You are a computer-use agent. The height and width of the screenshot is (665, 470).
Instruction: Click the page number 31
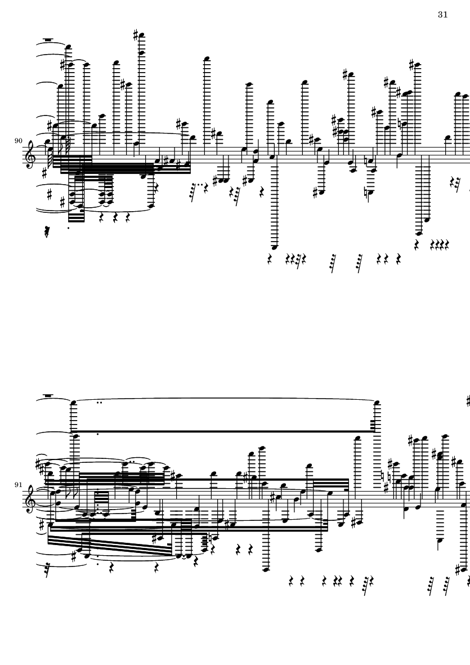442,15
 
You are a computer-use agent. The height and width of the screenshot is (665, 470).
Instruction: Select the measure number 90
18,141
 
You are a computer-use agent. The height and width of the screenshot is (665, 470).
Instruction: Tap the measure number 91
18,484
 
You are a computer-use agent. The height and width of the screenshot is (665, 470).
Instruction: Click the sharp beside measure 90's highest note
136,35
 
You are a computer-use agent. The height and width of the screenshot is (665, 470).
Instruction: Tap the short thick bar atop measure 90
48,40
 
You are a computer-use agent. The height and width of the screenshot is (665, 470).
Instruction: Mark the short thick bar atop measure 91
48,395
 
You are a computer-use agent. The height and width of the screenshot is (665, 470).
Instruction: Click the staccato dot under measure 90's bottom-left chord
69,227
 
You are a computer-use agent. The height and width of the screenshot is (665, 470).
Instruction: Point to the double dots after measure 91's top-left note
100,403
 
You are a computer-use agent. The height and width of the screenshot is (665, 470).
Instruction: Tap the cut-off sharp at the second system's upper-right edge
468,401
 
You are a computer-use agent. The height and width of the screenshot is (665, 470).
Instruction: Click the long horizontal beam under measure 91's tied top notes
225,431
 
